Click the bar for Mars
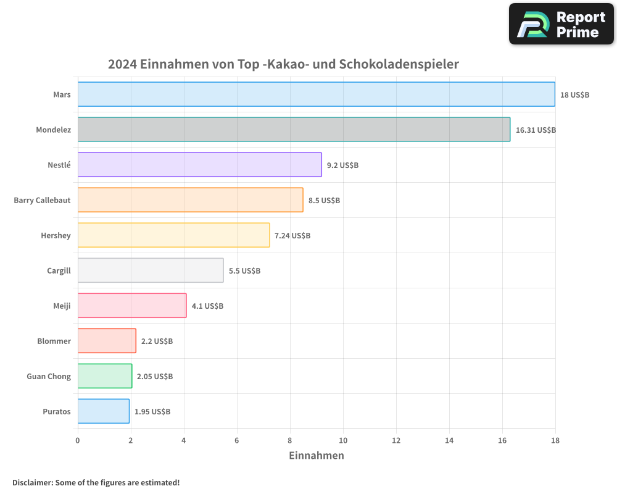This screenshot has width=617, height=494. [316, 94]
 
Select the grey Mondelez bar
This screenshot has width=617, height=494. [294, 130]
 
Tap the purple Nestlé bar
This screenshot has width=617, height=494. [199, 165]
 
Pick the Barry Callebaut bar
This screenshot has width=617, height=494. [190, 200]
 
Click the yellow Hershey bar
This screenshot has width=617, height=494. [173, 235]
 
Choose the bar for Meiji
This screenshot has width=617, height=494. [132, 306]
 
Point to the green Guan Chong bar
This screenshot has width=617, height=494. [105, 376]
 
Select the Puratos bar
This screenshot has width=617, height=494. [104, 411]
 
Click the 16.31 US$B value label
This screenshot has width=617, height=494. [536, 130]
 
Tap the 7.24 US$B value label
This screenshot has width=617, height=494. [292, 236]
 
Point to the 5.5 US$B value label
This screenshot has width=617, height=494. [244, 271]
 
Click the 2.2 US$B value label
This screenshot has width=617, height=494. [157, 341]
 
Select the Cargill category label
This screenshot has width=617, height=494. [59, 270]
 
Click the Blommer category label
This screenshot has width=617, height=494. [54, 341]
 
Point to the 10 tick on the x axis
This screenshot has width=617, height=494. [343, 440]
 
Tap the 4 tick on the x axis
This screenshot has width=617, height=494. [184, 440]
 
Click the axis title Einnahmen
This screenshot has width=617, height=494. [316, 456]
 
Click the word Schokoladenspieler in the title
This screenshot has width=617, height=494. [399, 64]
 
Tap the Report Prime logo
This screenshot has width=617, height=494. [561, 24]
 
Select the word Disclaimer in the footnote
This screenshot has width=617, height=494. [32, 482]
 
